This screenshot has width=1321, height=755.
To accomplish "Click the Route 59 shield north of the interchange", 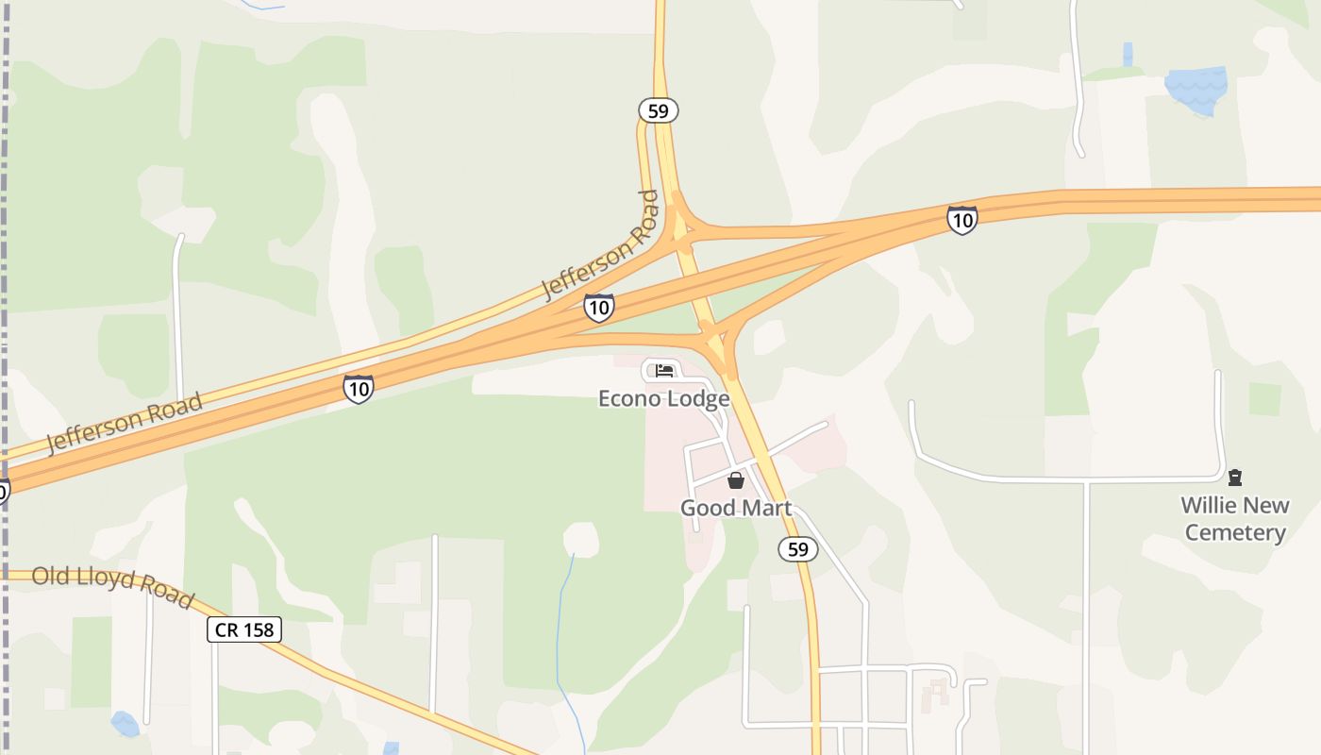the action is pos(659,110).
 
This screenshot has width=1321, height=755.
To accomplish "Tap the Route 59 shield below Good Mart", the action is pos(797,548).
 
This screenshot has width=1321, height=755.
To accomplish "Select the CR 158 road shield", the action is pos(244,629).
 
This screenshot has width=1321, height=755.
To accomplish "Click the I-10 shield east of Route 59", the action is pos(961,220).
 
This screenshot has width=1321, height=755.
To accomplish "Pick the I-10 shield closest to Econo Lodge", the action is pos(598,307).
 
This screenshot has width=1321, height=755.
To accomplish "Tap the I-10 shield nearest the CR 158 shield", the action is pos(358,388).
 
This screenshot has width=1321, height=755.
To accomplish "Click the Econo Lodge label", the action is pos(664,398).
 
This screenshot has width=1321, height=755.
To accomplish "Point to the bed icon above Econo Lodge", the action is pos(664,370).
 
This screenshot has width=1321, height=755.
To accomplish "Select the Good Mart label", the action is pos(736,508).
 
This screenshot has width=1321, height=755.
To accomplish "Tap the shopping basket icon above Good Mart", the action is pos(736,480).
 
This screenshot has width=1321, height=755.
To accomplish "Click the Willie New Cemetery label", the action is pos(1235,519).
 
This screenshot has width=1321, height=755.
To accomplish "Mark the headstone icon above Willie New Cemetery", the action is pos(1235,478).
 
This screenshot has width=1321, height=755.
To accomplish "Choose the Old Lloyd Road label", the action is pos(112,586).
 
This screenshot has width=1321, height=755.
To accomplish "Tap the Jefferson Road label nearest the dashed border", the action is pos(125,424).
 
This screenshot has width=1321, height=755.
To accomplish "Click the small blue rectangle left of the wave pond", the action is pos(1128,53).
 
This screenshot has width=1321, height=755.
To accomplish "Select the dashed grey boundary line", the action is pos(7,283).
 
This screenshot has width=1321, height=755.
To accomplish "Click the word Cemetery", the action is pos(1235,532).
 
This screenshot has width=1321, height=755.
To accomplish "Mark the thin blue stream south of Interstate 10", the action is pos(563,623).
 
